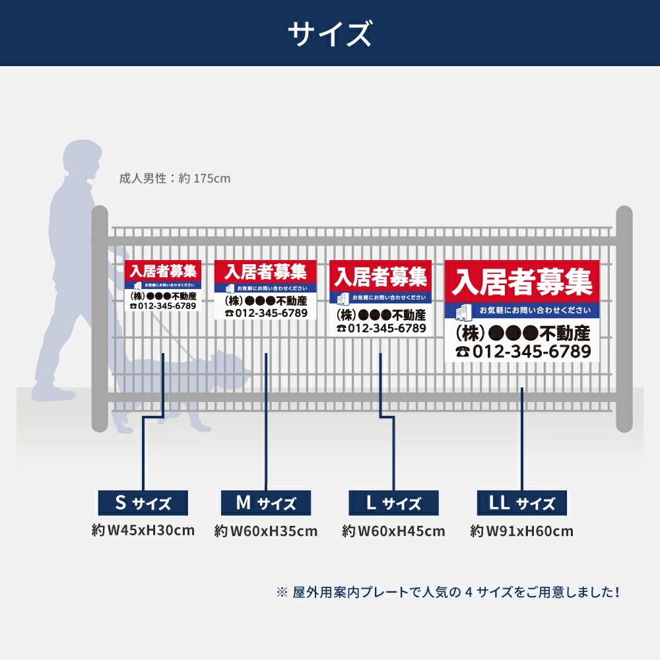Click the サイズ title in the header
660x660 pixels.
(x=329, y=34)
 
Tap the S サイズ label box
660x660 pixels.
(x=143, y=503)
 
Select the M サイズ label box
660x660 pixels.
(x=266, y=503)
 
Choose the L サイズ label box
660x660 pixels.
(x=393, y=504)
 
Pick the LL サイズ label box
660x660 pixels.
(x=521, y=504)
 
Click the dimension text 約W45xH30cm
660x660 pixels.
(x=143, y=530)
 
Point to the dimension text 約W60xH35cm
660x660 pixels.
(x=266, y=531)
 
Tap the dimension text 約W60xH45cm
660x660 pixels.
(x=393, y=531)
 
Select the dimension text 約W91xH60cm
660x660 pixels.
(x=521, y=531)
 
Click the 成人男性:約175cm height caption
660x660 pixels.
(x=175, y=178)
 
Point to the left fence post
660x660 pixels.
(x=99, y=317)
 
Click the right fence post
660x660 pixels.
(x=624, y=317)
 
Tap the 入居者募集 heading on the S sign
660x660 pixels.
(x=163, y=271)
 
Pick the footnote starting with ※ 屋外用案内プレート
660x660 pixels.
(x=449, y=592)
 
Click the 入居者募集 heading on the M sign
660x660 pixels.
(x=266, y=271)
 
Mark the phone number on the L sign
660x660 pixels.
(x=381, y=328)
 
